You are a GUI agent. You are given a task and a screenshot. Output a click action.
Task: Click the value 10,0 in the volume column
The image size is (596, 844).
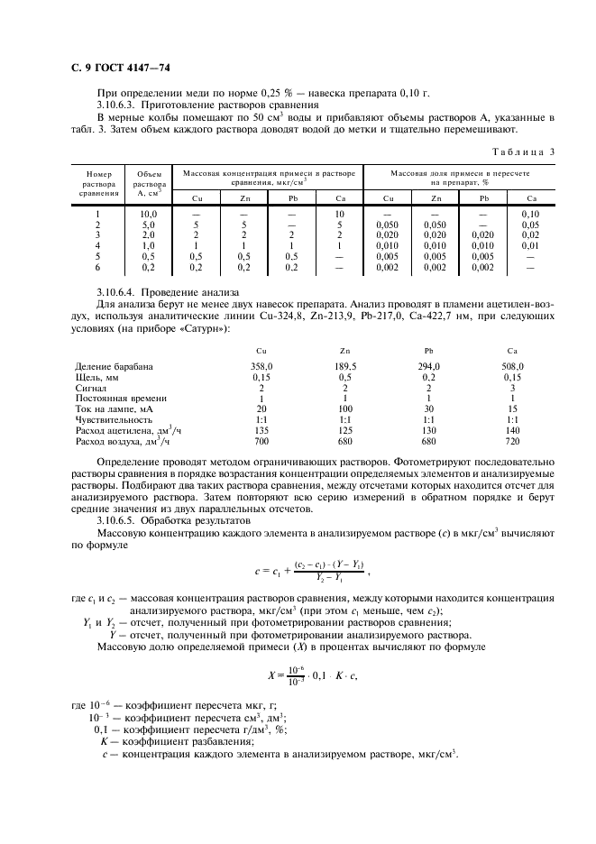point(148,214)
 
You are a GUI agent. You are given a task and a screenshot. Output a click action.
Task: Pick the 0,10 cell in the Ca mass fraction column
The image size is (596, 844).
point(530,214)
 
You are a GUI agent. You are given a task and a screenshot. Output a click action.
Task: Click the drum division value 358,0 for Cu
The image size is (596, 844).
point(261,366)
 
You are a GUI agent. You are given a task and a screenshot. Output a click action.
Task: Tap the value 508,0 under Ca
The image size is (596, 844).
point(512,366)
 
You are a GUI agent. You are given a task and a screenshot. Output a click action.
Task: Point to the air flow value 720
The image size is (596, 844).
point(512,442)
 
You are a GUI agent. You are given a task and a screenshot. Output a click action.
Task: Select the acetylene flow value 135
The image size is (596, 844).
point(261,431)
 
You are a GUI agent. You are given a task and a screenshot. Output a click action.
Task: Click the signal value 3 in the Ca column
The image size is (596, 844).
point(512,388)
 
